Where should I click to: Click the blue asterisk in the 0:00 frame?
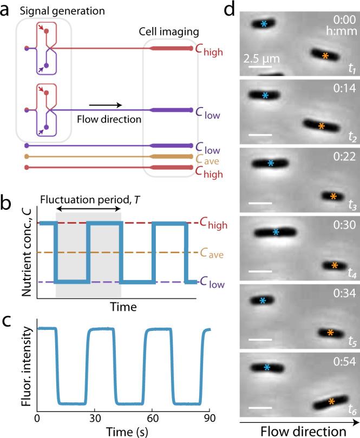[x=264, y=24]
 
